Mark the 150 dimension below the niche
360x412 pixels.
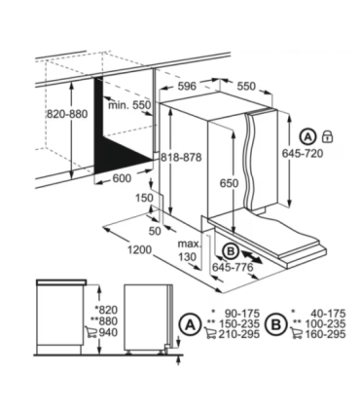click(144, 198)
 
